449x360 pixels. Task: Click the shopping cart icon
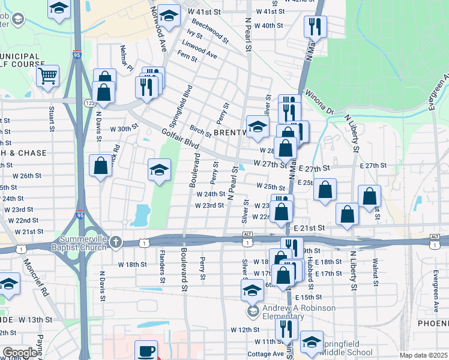[47, 76]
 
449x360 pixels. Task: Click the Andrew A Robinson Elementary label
[298, 312]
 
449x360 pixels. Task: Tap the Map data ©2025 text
[423, 355]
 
